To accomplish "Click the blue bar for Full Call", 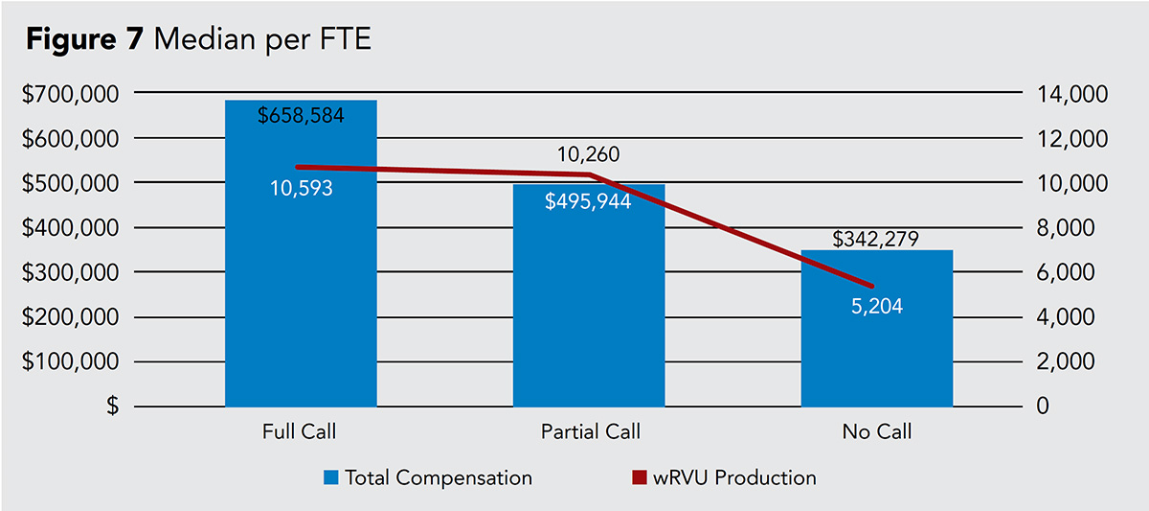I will click(301, 288).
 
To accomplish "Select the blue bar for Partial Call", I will click(589, 316).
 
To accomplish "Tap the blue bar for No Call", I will click(876, 355).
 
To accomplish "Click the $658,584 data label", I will click(301, 116).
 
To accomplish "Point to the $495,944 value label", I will click(588, 201).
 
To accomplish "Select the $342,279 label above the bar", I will click(876, 238).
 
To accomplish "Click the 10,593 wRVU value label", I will click(301, 189).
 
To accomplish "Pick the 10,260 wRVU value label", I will click(588, 155).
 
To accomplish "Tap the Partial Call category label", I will click(588, 432).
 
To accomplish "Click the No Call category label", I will click(876, 432).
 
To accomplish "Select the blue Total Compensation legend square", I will click(331, 476).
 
